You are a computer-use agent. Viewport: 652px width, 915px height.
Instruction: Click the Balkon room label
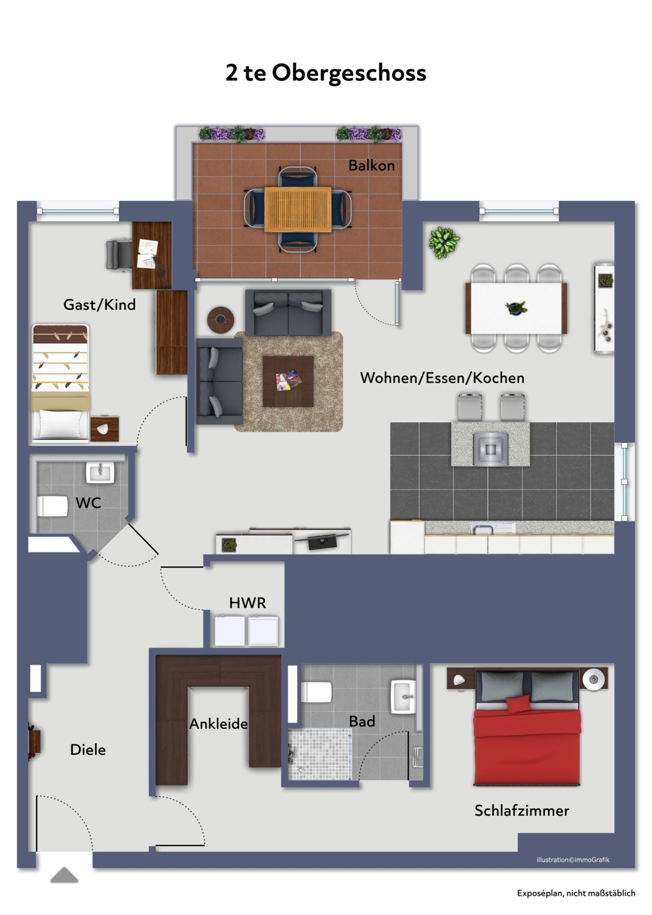coord(371,165)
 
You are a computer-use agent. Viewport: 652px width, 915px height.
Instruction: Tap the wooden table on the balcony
coord(298,210)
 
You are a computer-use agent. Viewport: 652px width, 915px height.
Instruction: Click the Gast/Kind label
coord(100,304)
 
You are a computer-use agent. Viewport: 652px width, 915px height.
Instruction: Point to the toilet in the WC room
coord(53,506)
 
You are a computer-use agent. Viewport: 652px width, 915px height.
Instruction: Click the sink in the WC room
coord(100,473)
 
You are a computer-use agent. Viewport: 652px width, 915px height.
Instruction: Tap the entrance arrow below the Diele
coord(64,875)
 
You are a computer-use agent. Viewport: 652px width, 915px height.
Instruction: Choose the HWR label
coord(247,603)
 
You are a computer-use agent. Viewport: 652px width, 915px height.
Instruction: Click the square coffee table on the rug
coord(288,381)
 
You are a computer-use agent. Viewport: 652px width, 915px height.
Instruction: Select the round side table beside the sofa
coord(221,319)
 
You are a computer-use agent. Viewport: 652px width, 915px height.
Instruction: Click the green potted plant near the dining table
coord(444,242)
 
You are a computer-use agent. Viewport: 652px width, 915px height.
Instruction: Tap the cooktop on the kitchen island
coord(490,448)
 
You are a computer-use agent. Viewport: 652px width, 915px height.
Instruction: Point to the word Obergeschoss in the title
coord(349,73)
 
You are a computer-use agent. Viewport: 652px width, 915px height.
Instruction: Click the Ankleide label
coord(218,724)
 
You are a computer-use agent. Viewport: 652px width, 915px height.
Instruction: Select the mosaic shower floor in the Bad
coord(319,754)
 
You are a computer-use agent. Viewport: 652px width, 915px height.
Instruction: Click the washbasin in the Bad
coord(403,697)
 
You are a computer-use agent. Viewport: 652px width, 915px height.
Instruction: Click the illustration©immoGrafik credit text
coord(573,860)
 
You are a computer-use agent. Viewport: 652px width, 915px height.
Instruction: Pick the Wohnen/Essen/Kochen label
coord(442,378)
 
